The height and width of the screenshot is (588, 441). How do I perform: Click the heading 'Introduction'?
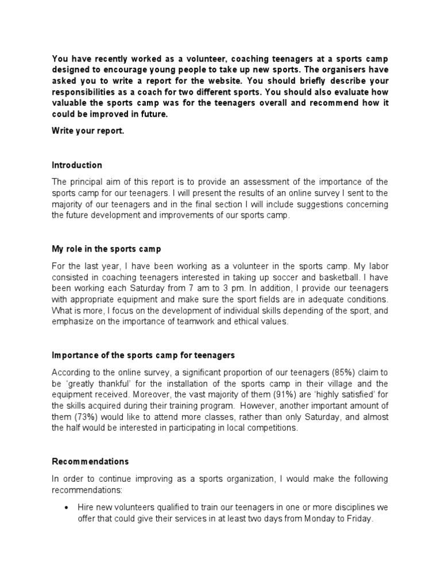(77, 165)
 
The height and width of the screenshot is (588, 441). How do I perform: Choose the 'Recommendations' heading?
(90, 461)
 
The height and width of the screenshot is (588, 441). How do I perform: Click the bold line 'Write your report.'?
(87, 131)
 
